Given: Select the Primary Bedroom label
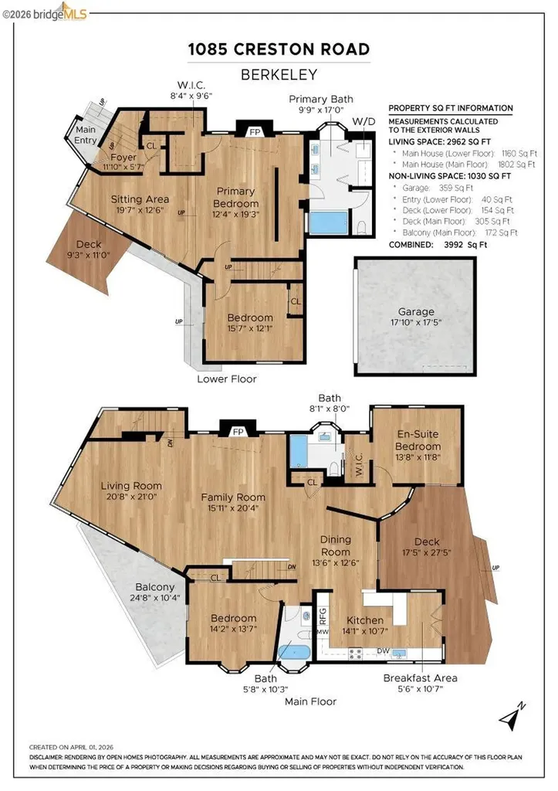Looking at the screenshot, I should point(241,197).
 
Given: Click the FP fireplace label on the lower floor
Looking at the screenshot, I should point(254,131).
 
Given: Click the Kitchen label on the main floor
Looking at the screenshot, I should point(365,620).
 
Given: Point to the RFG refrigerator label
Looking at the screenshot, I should point(324,615).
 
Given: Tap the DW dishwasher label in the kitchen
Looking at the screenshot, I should point(383,651).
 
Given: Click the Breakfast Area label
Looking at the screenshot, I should point(420,677).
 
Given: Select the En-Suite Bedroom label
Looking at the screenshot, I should point(418,441).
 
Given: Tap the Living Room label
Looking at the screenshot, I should point(131,486).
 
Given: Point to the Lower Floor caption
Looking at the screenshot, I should point(226,379).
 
